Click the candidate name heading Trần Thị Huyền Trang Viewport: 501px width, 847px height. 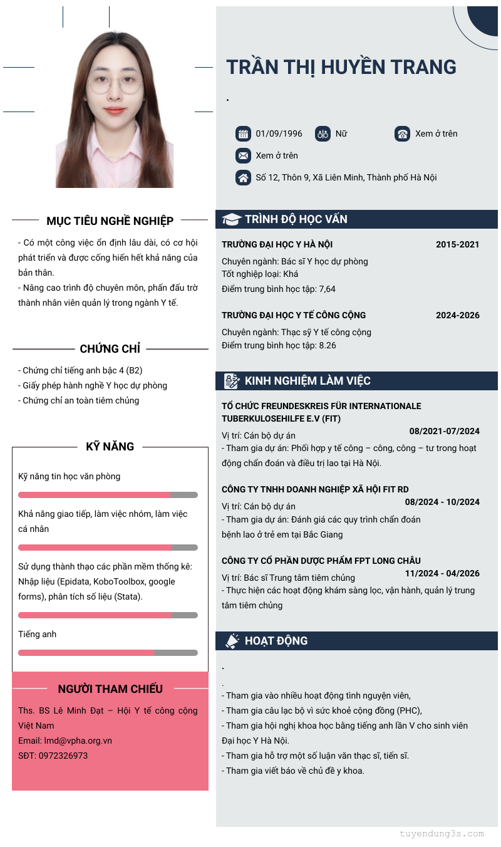click(x=341, y=67)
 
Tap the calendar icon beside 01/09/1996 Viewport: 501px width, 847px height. click(x=243, y=133)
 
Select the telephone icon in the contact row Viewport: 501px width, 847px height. click(x=402, y=133)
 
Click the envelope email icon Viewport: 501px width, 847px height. click(x=243, y=155)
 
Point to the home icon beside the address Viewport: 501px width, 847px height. click(x=243, y=177)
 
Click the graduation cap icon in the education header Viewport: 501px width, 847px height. click(x=232, y=219)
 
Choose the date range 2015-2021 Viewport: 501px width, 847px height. click(x=457, y=244)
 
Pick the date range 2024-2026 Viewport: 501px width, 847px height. click(x=457, y=315)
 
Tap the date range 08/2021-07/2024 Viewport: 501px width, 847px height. click(x=444, y=431)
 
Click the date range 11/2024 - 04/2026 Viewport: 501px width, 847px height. click(x=442, y=573)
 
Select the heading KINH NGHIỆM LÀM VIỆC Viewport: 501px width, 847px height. click(x=307, y=381)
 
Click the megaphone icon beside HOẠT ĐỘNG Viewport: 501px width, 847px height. click(x=232, y=641)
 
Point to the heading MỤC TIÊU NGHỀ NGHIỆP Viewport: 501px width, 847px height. click(x=110, y=221)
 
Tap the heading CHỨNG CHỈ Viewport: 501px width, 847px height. click(x=110, y=348)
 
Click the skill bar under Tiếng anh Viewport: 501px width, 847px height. click(x=108, y=653)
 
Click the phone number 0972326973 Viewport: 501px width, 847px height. click(x=63, y=756)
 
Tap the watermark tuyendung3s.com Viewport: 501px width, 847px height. click(x=442, y=834)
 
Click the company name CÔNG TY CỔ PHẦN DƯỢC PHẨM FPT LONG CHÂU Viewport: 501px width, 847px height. click(x=321, y=561)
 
